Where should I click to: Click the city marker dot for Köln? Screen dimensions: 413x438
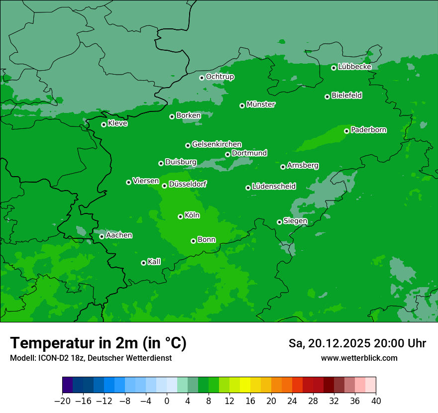pos(180,216)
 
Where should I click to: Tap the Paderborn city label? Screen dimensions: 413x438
pos(368,130)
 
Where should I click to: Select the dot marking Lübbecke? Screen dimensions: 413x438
pos(333,68)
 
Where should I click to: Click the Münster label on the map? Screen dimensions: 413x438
pos(260,104)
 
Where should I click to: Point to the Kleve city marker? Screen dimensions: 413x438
pos(104,124)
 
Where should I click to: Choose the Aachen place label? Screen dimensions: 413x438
pos(119,235)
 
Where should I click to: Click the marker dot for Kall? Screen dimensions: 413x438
pos(143,263)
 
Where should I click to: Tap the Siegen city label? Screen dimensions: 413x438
pos(295,221)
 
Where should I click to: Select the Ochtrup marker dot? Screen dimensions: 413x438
pos(202,78)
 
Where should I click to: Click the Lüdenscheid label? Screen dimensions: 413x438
pos(274,187)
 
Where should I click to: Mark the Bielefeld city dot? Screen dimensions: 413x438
pos(327,97)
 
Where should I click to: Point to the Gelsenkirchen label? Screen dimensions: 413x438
pos(217,144)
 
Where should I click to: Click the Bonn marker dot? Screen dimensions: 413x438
pos(193,241)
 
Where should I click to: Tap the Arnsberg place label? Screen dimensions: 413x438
pos(303,165)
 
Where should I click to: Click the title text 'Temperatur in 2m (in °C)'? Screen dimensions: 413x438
pos(98,343)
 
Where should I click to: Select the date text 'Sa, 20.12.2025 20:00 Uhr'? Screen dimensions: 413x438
pos(357,343)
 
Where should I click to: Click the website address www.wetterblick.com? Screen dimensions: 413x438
pos(359,358)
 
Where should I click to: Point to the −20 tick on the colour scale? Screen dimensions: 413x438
pos(62,401)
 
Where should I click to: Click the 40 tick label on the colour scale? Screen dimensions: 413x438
pos(376,401)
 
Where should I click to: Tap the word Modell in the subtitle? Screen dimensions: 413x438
pos(21,358)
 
